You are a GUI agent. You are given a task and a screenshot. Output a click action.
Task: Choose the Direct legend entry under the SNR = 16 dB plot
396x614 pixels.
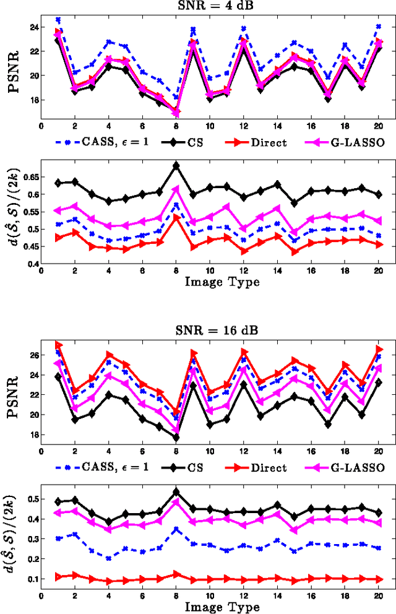tap(269, 468)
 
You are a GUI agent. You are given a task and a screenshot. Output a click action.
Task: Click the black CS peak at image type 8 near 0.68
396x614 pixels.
tap(176, 166)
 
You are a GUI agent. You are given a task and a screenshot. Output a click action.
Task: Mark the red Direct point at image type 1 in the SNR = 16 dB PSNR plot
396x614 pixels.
tap(58, 345)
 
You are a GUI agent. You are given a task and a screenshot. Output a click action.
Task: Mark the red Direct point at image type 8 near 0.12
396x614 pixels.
tap(176, 574)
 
